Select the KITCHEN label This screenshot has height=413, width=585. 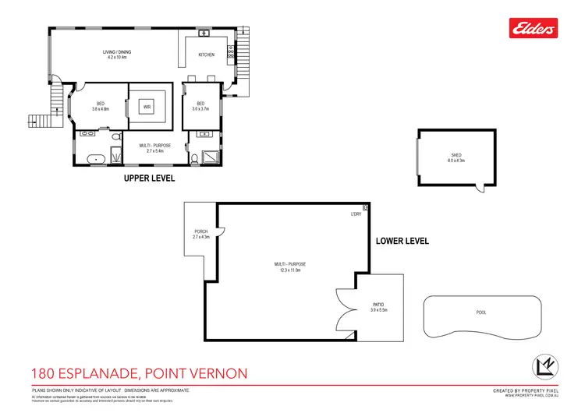pyautogui.click(x=206, y=55)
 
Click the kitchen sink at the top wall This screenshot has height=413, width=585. pyautogui.click(x=202, y=34)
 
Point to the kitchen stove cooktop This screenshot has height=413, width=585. pyautogui.click(x=229, y=54)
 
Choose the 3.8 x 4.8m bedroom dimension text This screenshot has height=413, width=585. pyautogui.click(x=100, y=110)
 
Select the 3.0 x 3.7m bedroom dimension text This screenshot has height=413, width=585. pyautogui.click(x=200, y=110)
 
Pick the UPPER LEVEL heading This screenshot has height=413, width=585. pyautogui.click(x=150, y=178)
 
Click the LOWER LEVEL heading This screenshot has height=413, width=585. pyautogui.click(x=402, y=241)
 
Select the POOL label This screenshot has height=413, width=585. pyautogui.click(x=480, y=312)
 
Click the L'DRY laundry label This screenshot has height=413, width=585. pyautogui.click(x=355, y=214)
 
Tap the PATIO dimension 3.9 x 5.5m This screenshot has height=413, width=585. pyautogui.click(x=378, y=310)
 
